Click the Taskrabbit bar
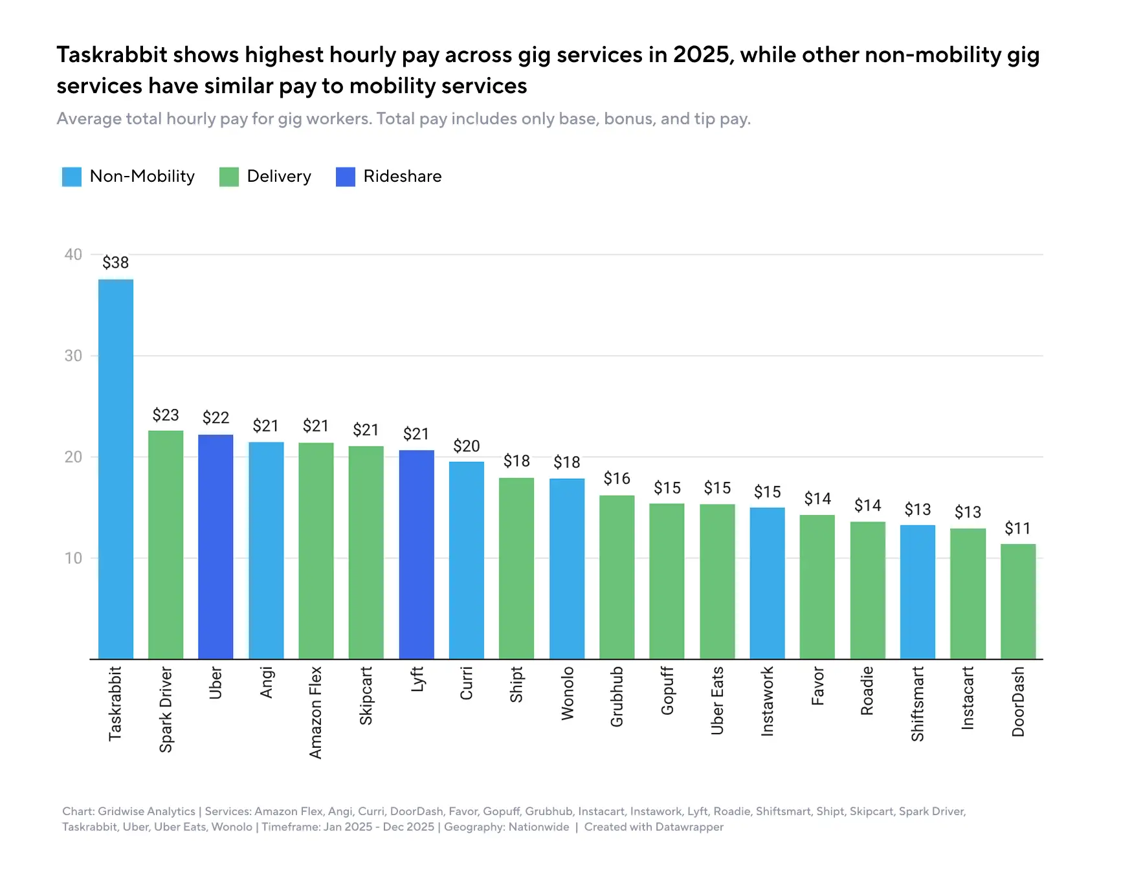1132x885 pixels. [116, 469]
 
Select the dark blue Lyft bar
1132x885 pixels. [416, 554]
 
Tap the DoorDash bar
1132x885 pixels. [1017, 602]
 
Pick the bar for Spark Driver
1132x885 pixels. [166, 545]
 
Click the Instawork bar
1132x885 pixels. [767, 583]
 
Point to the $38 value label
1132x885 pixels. [116, 263]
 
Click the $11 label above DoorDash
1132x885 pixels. [1017, 529]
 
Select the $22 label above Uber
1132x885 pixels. [216, 417]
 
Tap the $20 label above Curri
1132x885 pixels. [466, 446]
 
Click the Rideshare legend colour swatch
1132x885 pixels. [346, 177]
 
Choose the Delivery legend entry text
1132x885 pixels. [279, 177]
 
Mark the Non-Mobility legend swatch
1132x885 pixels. [72, 177]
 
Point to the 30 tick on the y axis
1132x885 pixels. [73, 356]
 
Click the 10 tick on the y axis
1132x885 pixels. [73, 558]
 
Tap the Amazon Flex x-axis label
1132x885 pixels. [316, 712]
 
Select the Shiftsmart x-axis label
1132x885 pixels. [917, 704]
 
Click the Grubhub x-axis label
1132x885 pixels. [617, 697]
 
